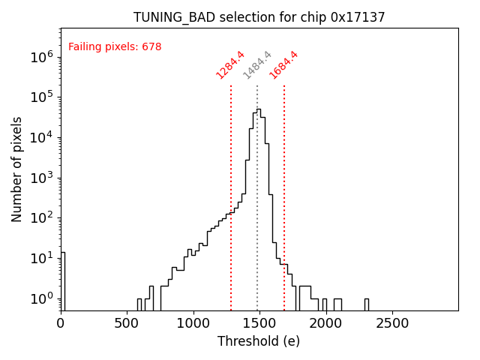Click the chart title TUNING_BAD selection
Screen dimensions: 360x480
(259, 17)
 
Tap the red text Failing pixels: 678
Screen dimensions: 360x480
(115, 47)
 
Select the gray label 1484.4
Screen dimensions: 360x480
(257, 64)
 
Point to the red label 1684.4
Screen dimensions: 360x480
(283, 64)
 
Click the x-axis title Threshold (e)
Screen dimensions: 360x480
(259, 341)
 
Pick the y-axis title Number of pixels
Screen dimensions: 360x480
(17, 169)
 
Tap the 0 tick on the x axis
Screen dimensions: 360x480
(61, 323)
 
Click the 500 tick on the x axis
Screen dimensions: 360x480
(127, 323)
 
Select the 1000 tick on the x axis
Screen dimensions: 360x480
(193, 323)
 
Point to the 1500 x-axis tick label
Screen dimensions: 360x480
(259, 323)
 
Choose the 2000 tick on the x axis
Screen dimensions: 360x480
(326, 323)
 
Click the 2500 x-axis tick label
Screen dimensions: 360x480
(392, 323)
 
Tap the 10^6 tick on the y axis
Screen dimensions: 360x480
(41, 57)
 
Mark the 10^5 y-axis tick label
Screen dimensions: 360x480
(41, 97)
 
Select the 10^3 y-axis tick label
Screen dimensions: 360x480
(41, 178)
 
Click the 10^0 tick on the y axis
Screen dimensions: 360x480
(41, 298)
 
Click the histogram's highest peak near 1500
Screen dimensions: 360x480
(259, 110)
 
